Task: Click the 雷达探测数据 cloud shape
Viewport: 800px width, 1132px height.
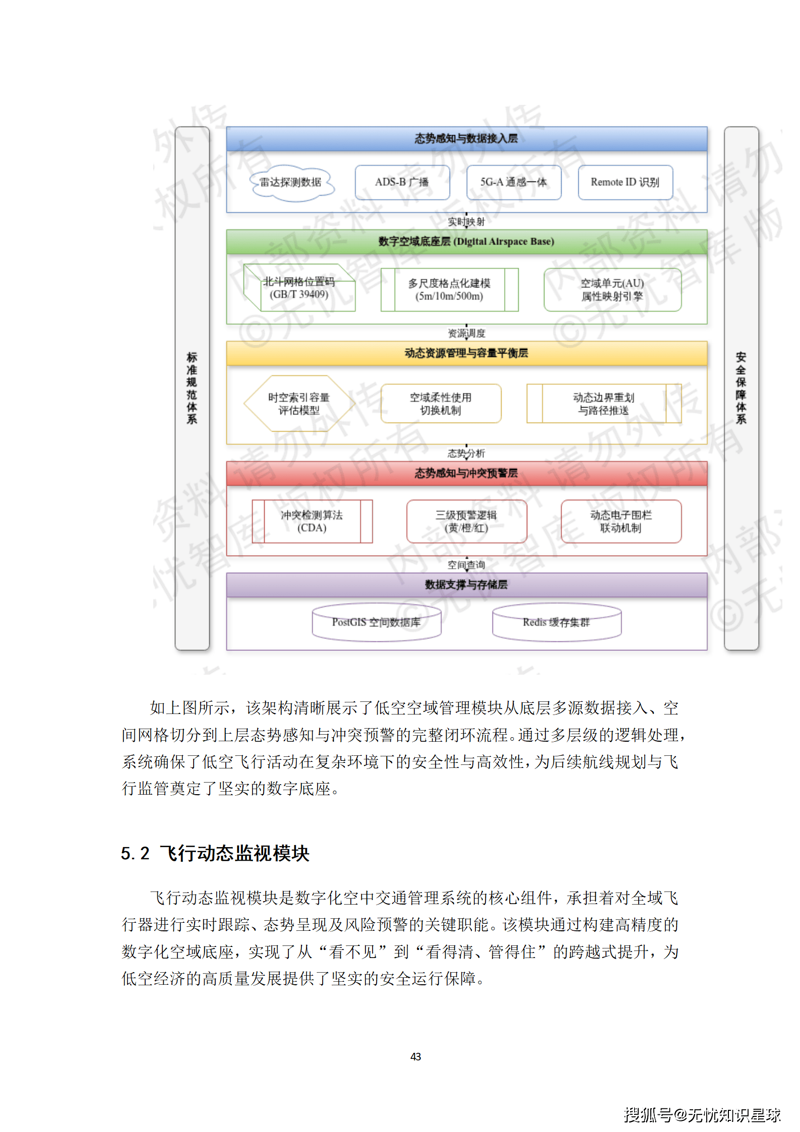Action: (x=291, y=183)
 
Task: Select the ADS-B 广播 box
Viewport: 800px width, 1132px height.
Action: (x=402, y=183)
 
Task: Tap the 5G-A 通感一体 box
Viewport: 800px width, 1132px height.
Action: (x=513, y=183)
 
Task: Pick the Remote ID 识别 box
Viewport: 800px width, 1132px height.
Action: (x=625, y=183)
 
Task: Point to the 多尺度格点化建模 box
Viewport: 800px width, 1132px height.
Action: (x=449, y=290)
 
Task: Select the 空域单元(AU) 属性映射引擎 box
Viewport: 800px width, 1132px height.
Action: (x=612, y=290)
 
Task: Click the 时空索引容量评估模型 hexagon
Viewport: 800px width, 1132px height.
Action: (x=299, y=404)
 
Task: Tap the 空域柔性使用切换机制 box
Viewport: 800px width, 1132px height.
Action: (x=441, y=404)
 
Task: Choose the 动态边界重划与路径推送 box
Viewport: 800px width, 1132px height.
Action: (x=603, y=404)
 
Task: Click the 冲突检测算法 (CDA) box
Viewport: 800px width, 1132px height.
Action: (x=312, y=521)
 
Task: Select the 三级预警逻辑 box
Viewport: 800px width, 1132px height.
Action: (x=466, y=521)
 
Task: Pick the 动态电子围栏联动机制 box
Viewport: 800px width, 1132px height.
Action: (x=621, y=521)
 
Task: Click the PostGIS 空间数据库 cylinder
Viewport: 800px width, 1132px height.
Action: (x=376, y=623)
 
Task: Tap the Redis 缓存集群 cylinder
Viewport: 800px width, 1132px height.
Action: (x=556, y=623)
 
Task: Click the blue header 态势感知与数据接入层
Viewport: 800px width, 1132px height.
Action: (x=466, y=139)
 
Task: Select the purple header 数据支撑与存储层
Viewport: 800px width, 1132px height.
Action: (x=466, y=585)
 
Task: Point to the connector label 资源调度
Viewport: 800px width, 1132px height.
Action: (x=466, y=333)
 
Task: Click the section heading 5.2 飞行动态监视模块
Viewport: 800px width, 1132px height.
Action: (x=215, y=854)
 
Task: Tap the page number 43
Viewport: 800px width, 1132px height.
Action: (x=415, y=1056)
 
